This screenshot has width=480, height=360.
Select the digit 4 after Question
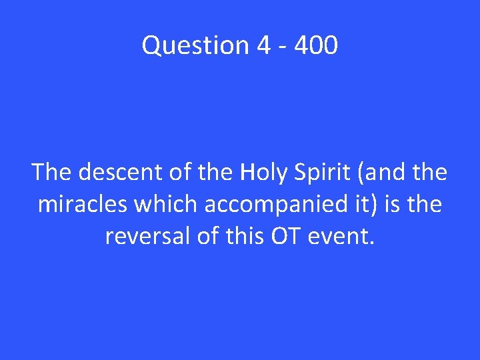(x=262, y=46)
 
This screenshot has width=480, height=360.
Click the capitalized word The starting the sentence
(x=52, y=173)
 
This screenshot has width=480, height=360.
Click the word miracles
(x=82, y=205)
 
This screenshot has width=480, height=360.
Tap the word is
(x=393, y=205)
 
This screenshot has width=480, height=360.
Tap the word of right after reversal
(x=205, y=237)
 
